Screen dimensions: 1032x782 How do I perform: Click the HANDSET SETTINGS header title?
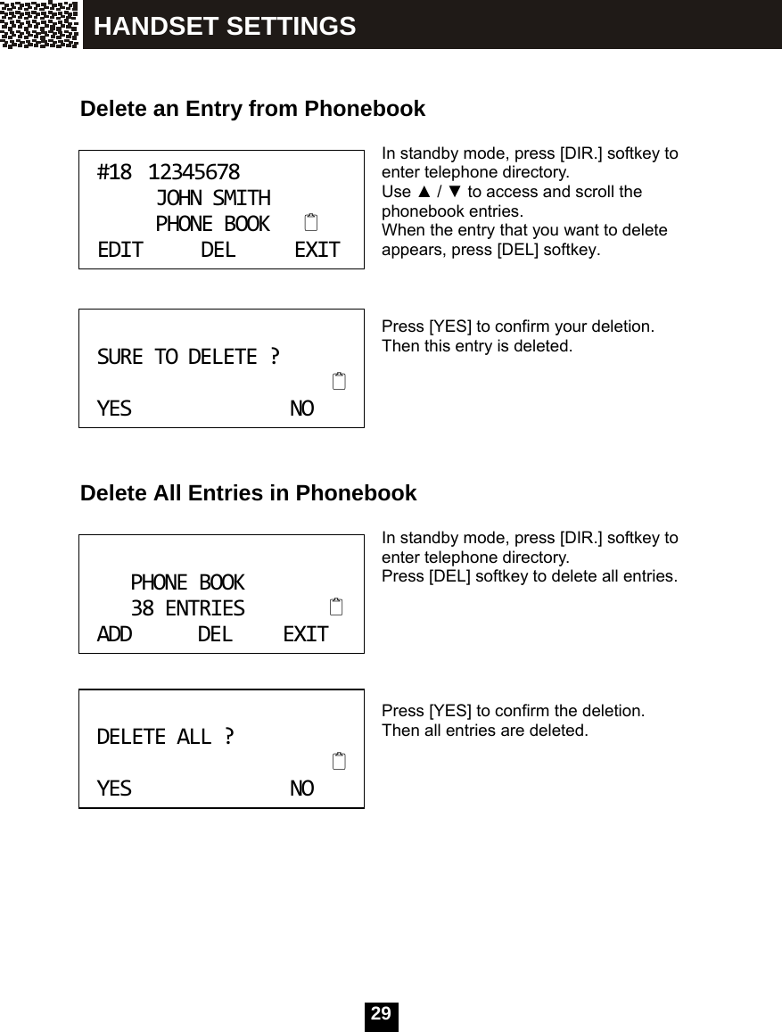225,27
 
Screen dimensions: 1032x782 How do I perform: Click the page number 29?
381,1014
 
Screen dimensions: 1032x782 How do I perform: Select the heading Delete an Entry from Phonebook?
252,109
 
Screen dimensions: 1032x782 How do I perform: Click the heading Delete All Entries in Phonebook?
248,492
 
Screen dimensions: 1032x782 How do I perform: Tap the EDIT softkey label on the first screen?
120,250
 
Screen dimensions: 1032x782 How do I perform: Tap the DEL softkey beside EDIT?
218,250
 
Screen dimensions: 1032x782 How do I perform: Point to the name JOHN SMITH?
213,197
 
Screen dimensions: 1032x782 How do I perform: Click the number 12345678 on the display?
193,171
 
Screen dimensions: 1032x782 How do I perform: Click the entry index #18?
114,171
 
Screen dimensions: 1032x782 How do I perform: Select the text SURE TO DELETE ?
187,357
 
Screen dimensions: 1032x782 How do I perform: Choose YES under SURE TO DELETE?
114,409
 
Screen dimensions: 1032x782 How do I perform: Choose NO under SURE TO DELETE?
302,409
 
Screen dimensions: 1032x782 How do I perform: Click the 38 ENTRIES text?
187,608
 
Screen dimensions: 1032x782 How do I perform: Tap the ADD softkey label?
114,634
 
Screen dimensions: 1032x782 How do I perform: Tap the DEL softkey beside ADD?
215,634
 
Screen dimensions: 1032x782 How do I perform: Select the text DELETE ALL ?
166,737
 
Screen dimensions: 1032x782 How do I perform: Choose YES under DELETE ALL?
114,788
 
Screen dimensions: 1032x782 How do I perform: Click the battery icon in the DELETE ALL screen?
338,762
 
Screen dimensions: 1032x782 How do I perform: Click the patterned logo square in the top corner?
39,24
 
